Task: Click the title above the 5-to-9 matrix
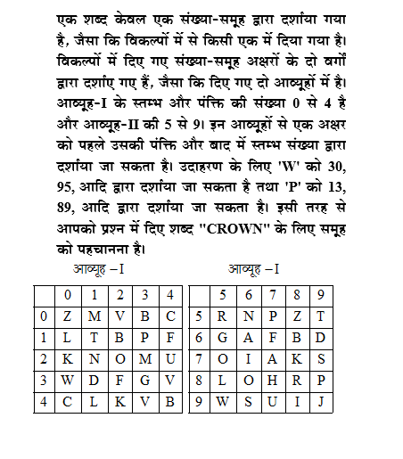tap(254, 267)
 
